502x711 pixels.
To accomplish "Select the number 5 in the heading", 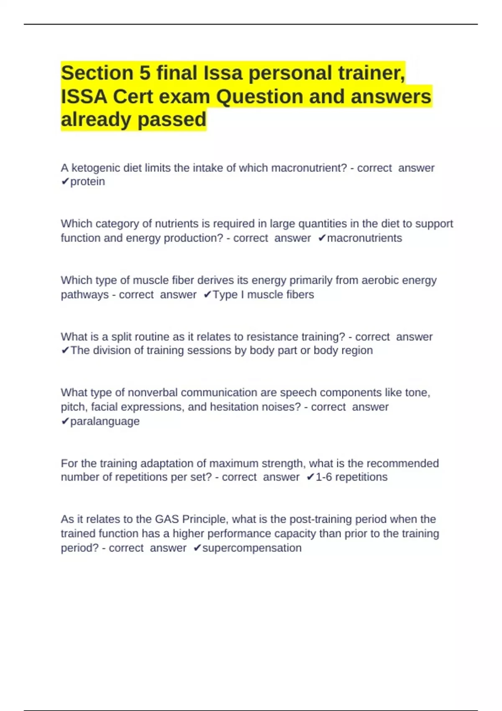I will pos(144,73).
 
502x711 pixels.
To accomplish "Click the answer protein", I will pos(87,182).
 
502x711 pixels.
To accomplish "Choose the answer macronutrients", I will pos(364,238).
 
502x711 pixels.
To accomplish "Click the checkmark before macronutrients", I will pos(322,238).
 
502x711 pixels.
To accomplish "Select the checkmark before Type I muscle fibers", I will pos(207,295).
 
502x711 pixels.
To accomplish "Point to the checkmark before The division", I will pos(65,350).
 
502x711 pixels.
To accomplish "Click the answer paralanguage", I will pos(105,421).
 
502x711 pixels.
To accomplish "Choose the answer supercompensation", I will pos(252,548).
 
